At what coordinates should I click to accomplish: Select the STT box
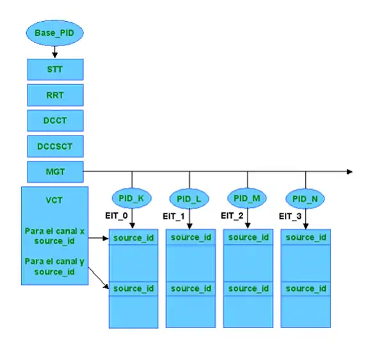point(55,68)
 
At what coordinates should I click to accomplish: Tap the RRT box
point(55,95)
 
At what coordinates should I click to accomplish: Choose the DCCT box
point(55,121)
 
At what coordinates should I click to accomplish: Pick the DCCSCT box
point(55,146)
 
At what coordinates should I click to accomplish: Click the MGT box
point(55,171)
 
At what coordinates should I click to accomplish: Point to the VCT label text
point(54,200)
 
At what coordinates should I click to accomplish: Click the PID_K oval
point(132,199)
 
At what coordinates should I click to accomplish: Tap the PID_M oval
point(247,199)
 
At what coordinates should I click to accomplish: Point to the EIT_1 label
point(173,216)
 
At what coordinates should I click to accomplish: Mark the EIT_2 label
point(232,215)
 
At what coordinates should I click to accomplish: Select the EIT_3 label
point(290,216)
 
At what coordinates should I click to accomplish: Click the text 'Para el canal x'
point(54,230)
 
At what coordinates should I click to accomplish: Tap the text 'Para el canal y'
point(54,261)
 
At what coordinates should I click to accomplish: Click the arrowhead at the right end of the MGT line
point(349,171)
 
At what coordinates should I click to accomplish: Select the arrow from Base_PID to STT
point(55,51)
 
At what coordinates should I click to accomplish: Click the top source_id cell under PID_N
point(305,237)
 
